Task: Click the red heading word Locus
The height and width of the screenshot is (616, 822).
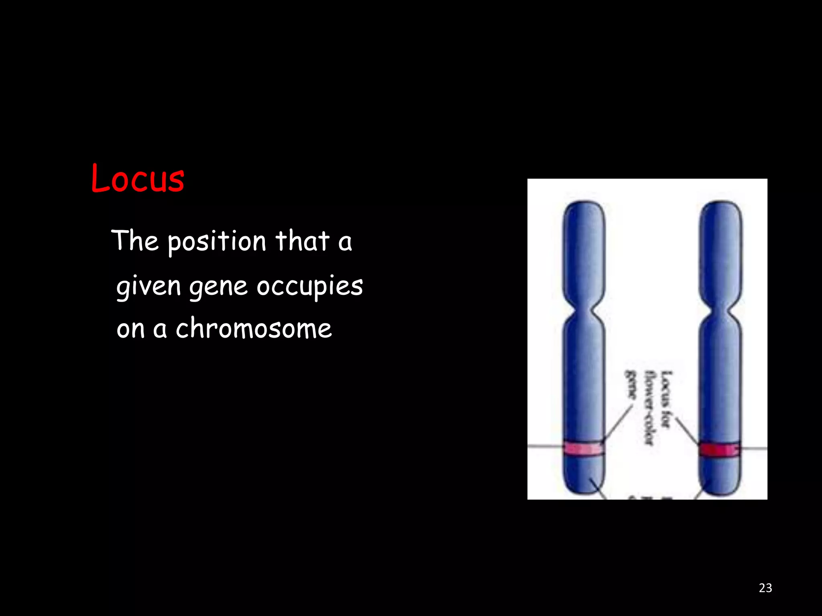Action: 138,178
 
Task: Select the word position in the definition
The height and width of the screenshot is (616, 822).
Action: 217,242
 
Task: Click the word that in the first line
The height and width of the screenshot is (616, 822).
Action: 302,241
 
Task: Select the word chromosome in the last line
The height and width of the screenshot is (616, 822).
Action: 254,329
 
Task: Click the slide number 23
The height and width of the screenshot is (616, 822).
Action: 765,588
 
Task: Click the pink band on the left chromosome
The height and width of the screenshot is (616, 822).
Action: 584,449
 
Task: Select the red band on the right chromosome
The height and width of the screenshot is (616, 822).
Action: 720,450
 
